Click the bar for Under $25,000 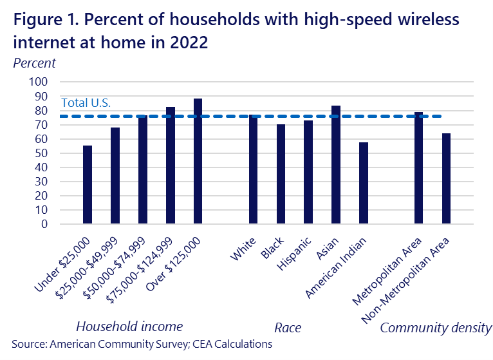coord(88,185)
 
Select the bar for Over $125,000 coord(198,162)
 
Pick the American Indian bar coord(364,184)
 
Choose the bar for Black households coord(281,175)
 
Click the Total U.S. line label coord(86,102)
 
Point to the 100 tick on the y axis coord(39,82)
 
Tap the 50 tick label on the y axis coord(42,153)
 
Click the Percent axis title coord(35,63)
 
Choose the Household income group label coord(129,326)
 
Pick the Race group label coord(288,328)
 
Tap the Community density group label coord(436,327)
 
